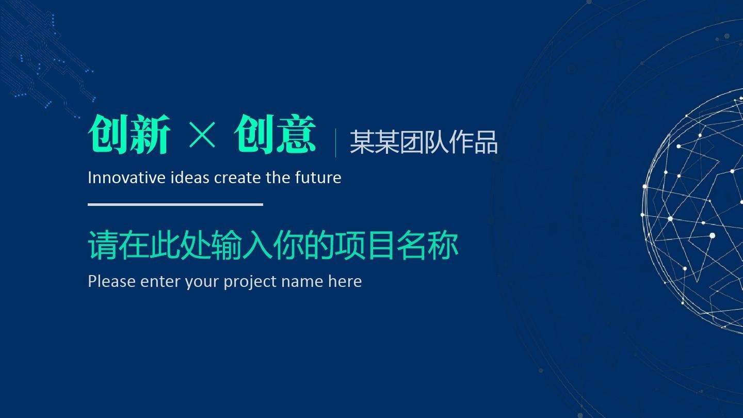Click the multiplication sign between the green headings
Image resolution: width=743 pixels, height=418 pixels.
pyautogui.click(x=202, y=136)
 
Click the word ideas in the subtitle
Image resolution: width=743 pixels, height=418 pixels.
pyautogui.click(x=197, y=178)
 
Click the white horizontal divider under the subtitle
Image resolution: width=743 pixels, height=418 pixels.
pyautogui.click(x=175, y=204)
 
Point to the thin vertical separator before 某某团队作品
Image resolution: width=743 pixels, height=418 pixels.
pyautogui.click(x=335, y=143)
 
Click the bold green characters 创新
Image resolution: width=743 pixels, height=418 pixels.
pyautogui.click(x=129, y=135)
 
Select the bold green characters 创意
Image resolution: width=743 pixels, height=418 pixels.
pyautogui.click(x=274, y=135)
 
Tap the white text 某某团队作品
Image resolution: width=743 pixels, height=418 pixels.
pyautogui.click(x=424, y=142)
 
